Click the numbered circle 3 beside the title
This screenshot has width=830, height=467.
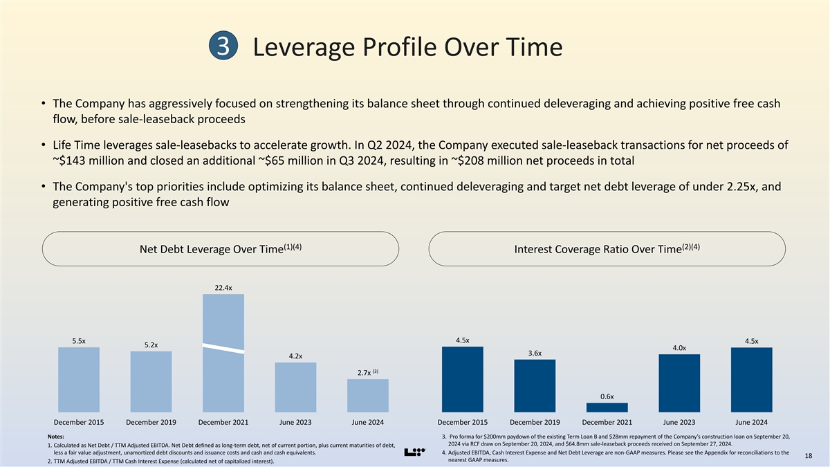point(223,48)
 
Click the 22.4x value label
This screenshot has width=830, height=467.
point(223,288)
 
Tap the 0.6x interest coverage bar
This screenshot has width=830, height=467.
point(607,408)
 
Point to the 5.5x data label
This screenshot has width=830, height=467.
point(79,340)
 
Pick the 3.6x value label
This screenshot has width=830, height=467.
point(535,353)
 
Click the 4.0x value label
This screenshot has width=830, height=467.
point(679,348)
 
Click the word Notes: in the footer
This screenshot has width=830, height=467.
point(57,437)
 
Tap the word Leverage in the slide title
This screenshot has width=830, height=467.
point(312,48)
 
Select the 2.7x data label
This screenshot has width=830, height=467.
point(364,374)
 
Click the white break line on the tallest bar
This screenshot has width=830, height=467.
point(223,348)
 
